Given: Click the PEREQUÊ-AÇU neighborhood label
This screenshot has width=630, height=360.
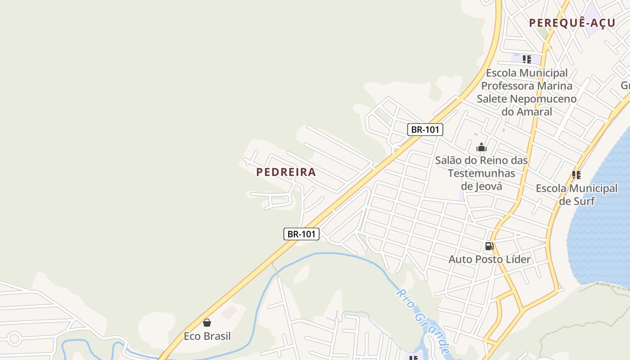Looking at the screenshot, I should [572, 23].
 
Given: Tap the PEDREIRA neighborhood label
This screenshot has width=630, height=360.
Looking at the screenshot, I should [286, 172].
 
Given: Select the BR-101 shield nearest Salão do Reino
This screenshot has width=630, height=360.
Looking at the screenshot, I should [425, 130].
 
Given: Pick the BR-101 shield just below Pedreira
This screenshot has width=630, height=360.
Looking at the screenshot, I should [301, 234].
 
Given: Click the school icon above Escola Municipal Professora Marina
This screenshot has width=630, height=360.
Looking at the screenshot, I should [527, 59].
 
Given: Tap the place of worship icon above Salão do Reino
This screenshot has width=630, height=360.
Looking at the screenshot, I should [481, 147].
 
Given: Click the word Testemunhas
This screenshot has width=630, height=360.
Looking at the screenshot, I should [481, 173].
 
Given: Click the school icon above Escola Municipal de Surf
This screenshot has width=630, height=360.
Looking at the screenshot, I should [576, 175].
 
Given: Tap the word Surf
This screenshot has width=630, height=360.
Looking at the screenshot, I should [584, 201].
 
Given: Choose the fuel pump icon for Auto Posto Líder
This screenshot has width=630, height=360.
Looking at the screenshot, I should [489, 246].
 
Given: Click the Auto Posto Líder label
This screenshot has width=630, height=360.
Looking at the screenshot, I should [490, 259].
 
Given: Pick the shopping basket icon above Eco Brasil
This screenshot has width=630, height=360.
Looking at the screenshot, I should [207, 323].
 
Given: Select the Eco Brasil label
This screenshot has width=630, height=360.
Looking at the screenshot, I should [207, 336].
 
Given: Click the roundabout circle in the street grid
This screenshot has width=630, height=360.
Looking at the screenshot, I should [14, 338].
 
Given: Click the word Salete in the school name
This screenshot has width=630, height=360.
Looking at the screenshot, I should [492, 99].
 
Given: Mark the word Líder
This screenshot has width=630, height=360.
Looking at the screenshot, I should [518, 259].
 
